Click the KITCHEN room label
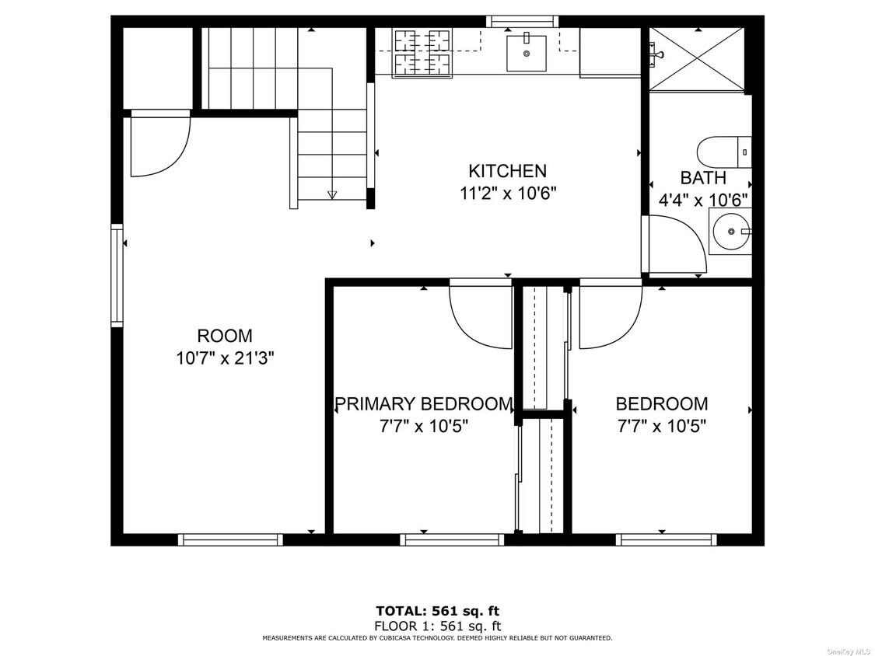pyautogui.click(x=507, y=170)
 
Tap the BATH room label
pyautogui.click(x=703, y=177)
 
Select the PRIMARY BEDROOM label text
pyautogui.click(x=424, y=403)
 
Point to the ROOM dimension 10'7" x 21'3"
pyautogui.click(x=225, y=358)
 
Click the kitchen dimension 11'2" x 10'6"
pyautogui.click(x=508, y=194)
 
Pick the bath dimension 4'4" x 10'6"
pyautogui.click(x=703, y=200)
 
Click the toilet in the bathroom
pyautogui.click(x=724, y=152)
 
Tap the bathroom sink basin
pyautogui.click(x=730, y=231)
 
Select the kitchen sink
pyautogui.click(x=527, y=53)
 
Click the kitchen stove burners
pyautogui.click(x=422, y=52)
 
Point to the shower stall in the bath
pyautogui.click(x=697, y=58)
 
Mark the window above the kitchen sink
pyautogui.click(x=522, y=21)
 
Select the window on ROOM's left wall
pyautogui.click(x=117, y=276)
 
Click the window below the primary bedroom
pyautogui.click(x=452, y=539)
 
